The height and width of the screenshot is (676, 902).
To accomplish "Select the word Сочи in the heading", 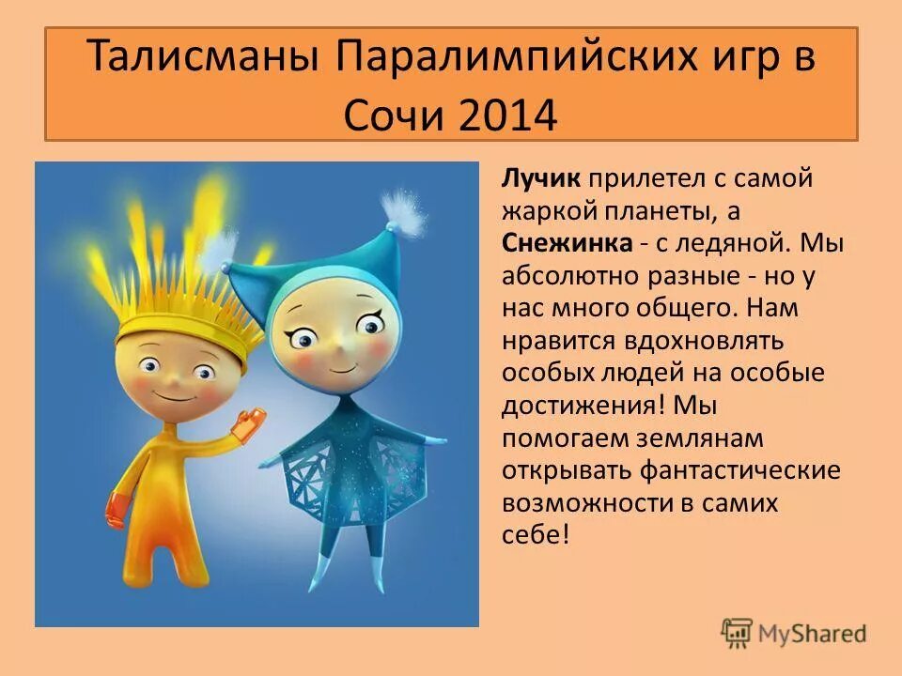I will point(387,115).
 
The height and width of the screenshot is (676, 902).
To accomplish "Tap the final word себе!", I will point(536,534).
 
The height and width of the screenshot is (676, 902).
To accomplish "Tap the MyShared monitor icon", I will point(738,633).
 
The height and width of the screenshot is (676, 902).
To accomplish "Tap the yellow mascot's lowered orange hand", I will point(117,507).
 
